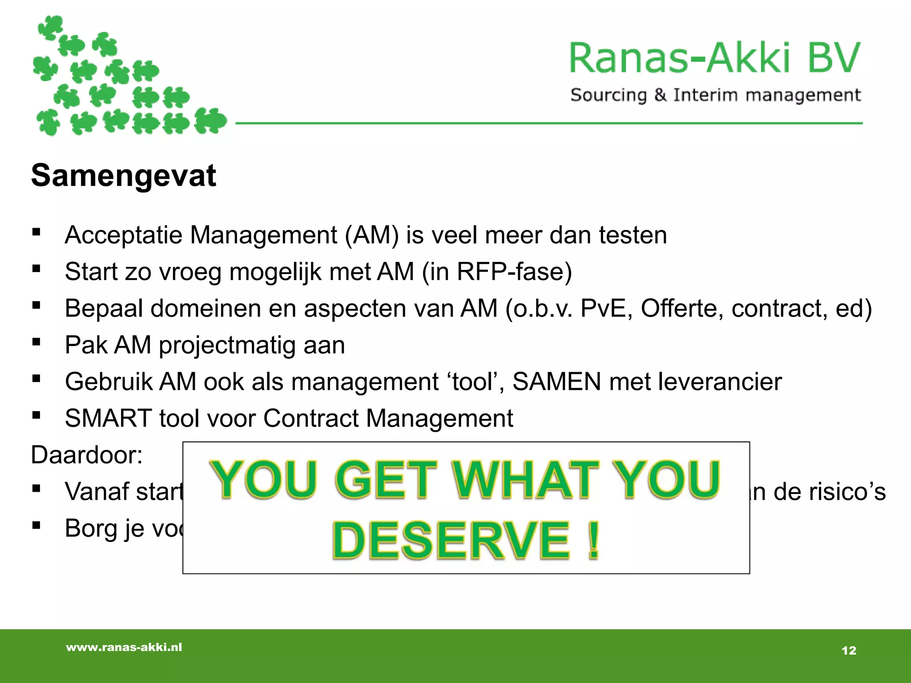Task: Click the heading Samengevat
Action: (123, 176)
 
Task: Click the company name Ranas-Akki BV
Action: (715, 58)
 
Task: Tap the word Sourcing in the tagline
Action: (609, 96)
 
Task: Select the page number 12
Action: (849, 651)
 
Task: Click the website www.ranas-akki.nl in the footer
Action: (124, 647)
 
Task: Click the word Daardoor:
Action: (87, 455)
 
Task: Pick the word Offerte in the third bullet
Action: (681, 308)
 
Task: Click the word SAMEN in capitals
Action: (557, 382)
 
